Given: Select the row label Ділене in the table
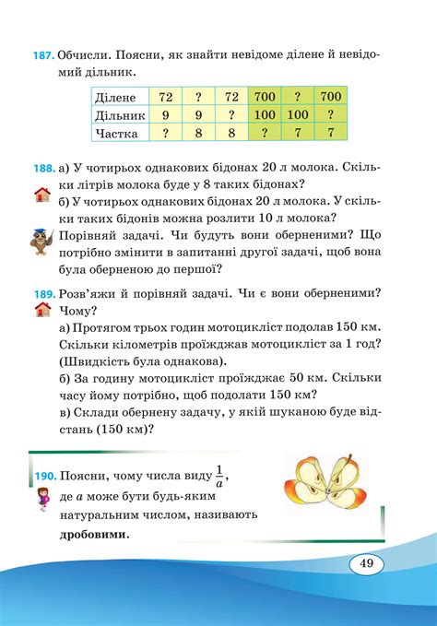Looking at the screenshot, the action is (x=117, y=97).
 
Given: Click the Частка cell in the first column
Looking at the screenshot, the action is (x=167, y=133).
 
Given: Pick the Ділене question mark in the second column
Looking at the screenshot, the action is (x=198, y=97).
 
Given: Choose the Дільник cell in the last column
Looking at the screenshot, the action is (x=329, y=115).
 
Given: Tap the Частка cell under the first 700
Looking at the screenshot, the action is (x=266, y=133).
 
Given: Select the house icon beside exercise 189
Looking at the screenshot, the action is (x=41, y=311).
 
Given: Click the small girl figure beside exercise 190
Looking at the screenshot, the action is (x=42, y=503).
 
